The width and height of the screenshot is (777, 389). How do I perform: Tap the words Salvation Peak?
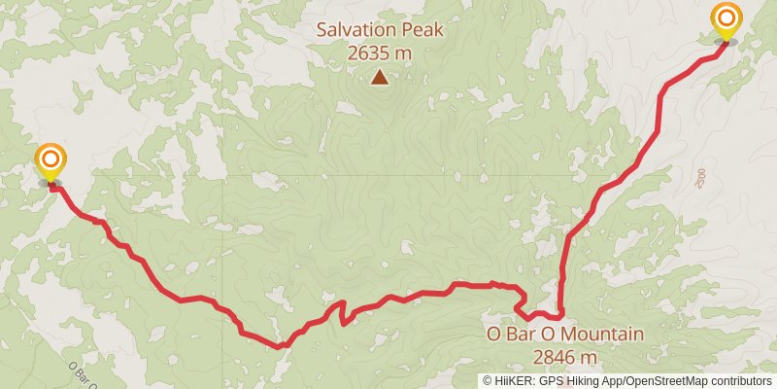(x=380, y=30)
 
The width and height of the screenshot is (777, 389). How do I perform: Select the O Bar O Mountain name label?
(x=564, y=336)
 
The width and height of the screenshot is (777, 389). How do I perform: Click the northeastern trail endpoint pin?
(x=725, y=21)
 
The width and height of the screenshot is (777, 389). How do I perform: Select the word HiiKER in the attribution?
(x=514, y=381)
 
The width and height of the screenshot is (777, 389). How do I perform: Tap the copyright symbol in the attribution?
(x=489, y=381)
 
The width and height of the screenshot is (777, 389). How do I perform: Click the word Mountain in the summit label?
(x=600, y=336)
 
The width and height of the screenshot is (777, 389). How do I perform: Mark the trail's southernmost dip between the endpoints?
(x=281, y=345)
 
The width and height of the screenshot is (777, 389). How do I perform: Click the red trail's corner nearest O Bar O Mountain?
(x=560, y=315)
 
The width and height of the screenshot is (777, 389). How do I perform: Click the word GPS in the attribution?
(x=550, y=381)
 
